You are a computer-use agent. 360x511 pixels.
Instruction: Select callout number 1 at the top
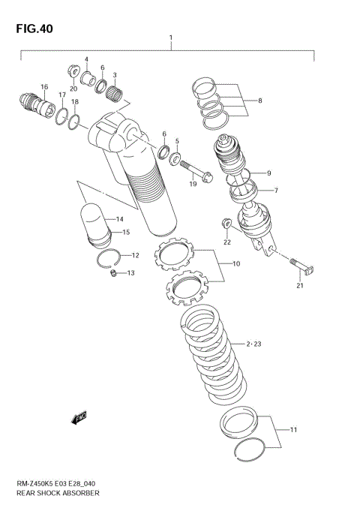tap(172, 38)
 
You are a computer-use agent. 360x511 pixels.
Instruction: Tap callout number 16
tap(44, 87)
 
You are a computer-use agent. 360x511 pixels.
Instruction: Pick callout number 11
tap(293, 430)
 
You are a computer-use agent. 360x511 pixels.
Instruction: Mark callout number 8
tap(259, 100)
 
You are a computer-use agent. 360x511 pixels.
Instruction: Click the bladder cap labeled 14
tap(95, 217)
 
